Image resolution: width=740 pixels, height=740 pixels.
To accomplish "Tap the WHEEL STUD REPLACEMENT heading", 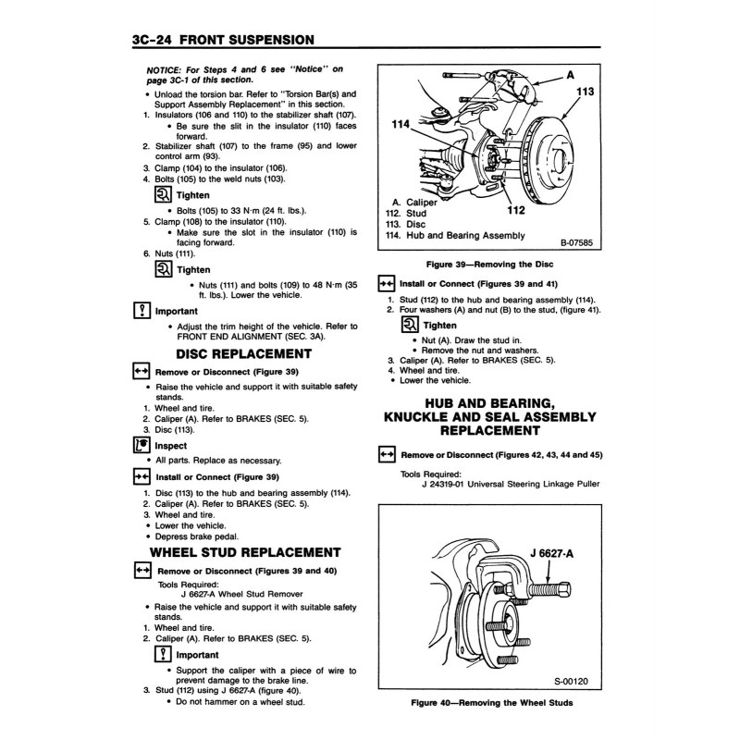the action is (x=246, y=553).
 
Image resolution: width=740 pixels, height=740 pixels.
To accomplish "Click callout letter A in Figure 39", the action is (x=570, y=73).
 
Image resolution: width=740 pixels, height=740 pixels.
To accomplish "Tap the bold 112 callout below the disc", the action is (x=515, y=209).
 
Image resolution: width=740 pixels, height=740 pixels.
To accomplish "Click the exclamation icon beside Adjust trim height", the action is (x=142, y=311).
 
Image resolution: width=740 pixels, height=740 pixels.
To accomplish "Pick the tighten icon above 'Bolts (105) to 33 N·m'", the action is (x=162, y=195).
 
